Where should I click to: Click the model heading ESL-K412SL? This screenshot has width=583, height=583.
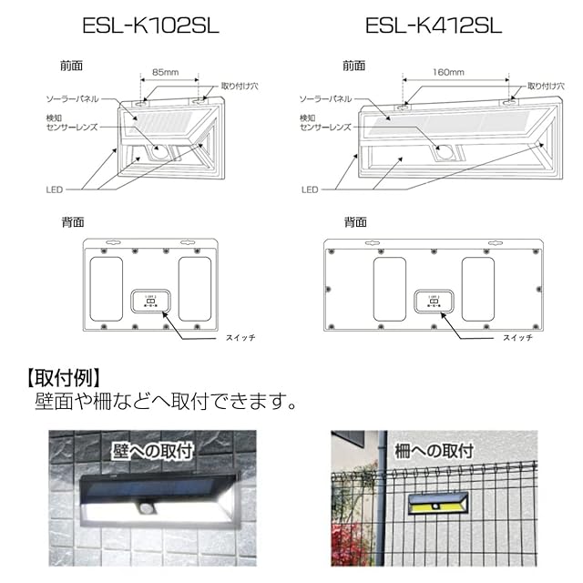(x=434, y=25)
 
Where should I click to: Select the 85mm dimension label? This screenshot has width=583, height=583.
(x=165, y=71)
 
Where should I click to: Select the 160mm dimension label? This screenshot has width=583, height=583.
(x=449, y=71)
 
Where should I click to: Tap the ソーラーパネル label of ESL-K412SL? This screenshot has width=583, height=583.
(x=328, y=97)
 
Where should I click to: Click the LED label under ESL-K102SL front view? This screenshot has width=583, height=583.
(x=55, y=189)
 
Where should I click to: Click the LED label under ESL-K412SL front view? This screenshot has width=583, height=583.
(x=311, y=189)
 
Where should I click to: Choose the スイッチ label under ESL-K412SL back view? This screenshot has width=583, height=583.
(x=518, y=338)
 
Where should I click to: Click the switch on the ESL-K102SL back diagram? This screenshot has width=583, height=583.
(x=149, y=302)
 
